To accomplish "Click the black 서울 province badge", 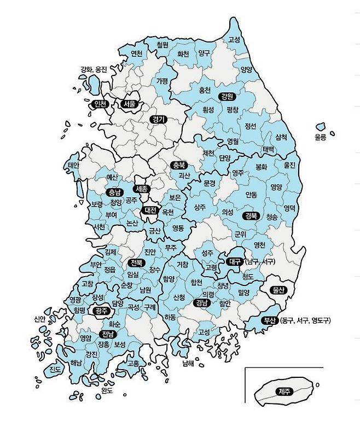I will point(129,104).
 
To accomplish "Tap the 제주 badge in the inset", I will point(284,391).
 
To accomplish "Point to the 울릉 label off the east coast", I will point(320,138).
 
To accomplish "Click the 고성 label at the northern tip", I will point(235,40).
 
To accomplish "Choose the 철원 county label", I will point(162,44).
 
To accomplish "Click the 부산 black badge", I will point(269,320).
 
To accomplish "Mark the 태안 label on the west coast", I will point(73,165).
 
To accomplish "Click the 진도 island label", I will point(56,370).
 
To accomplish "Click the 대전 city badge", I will point(149,210).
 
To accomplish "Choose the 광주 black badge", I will point(101,311).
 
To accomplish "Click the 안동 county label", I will point(251,194).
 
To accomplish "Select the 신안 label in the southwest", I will point(39,319).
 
